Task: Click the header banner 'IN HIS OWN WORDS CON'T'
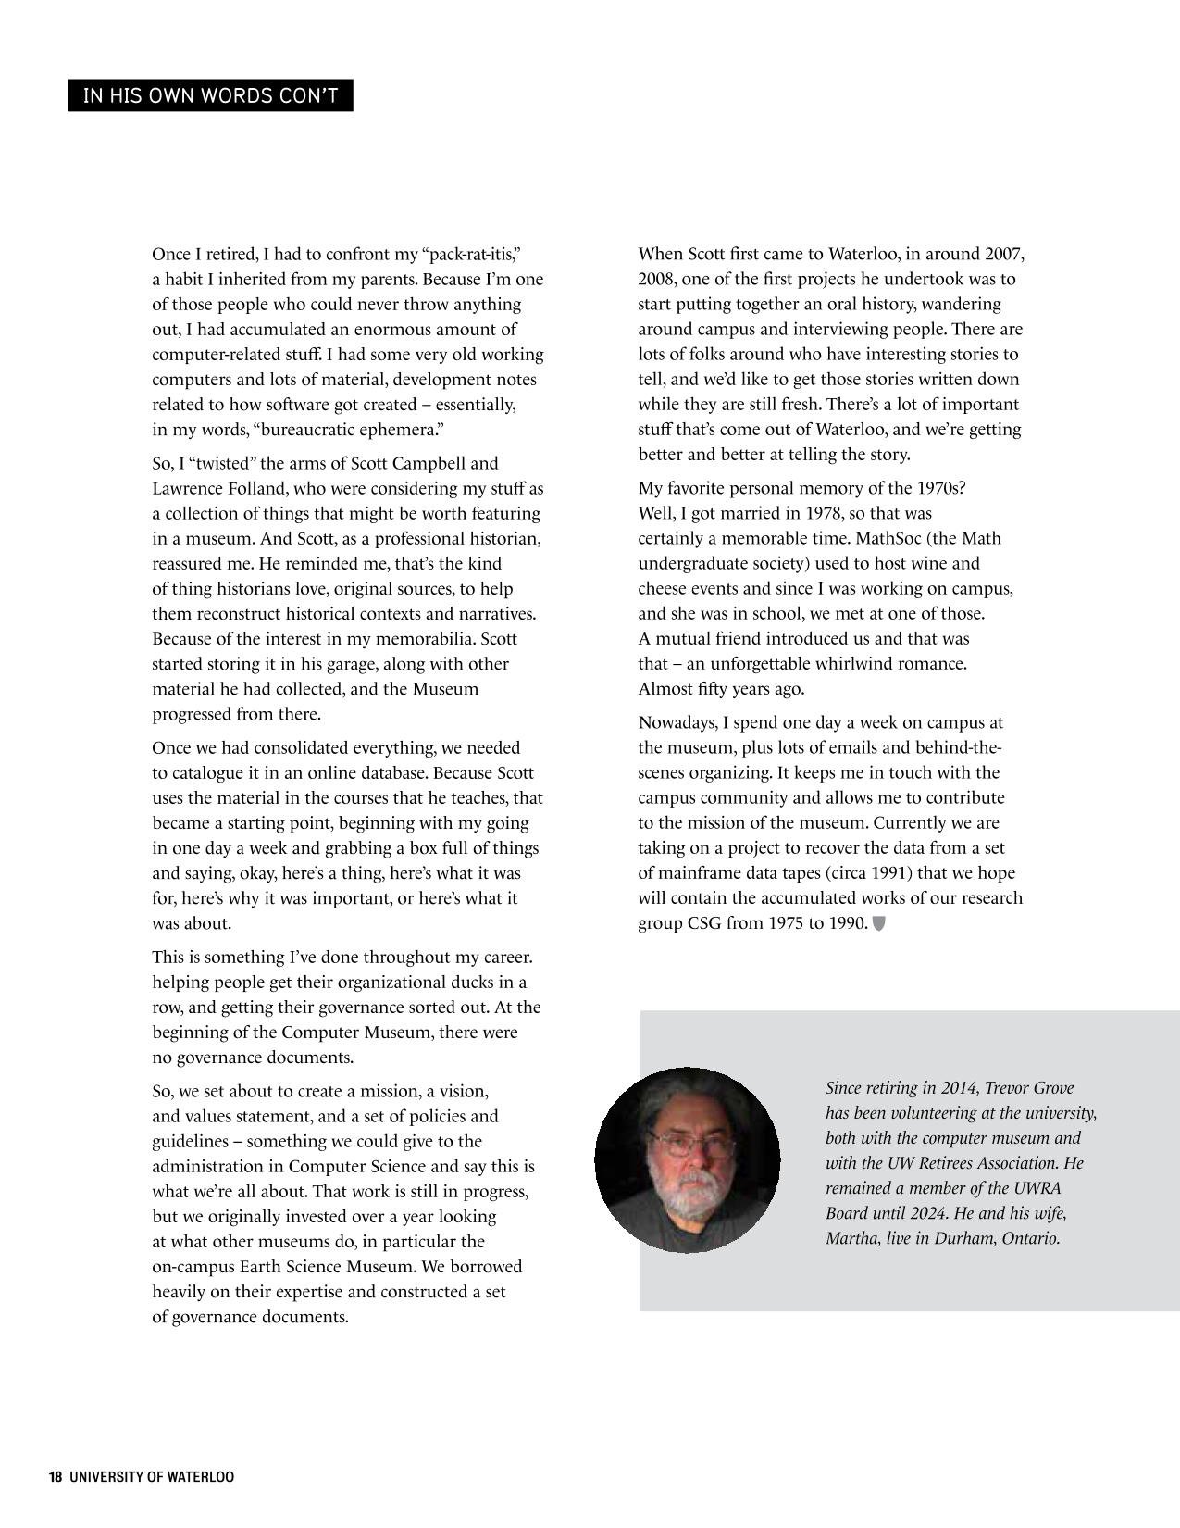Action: (210, 96)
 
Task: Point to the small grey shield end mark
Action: (879, 922)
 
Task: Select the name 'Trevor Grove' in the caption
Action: (1025, 1088)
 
